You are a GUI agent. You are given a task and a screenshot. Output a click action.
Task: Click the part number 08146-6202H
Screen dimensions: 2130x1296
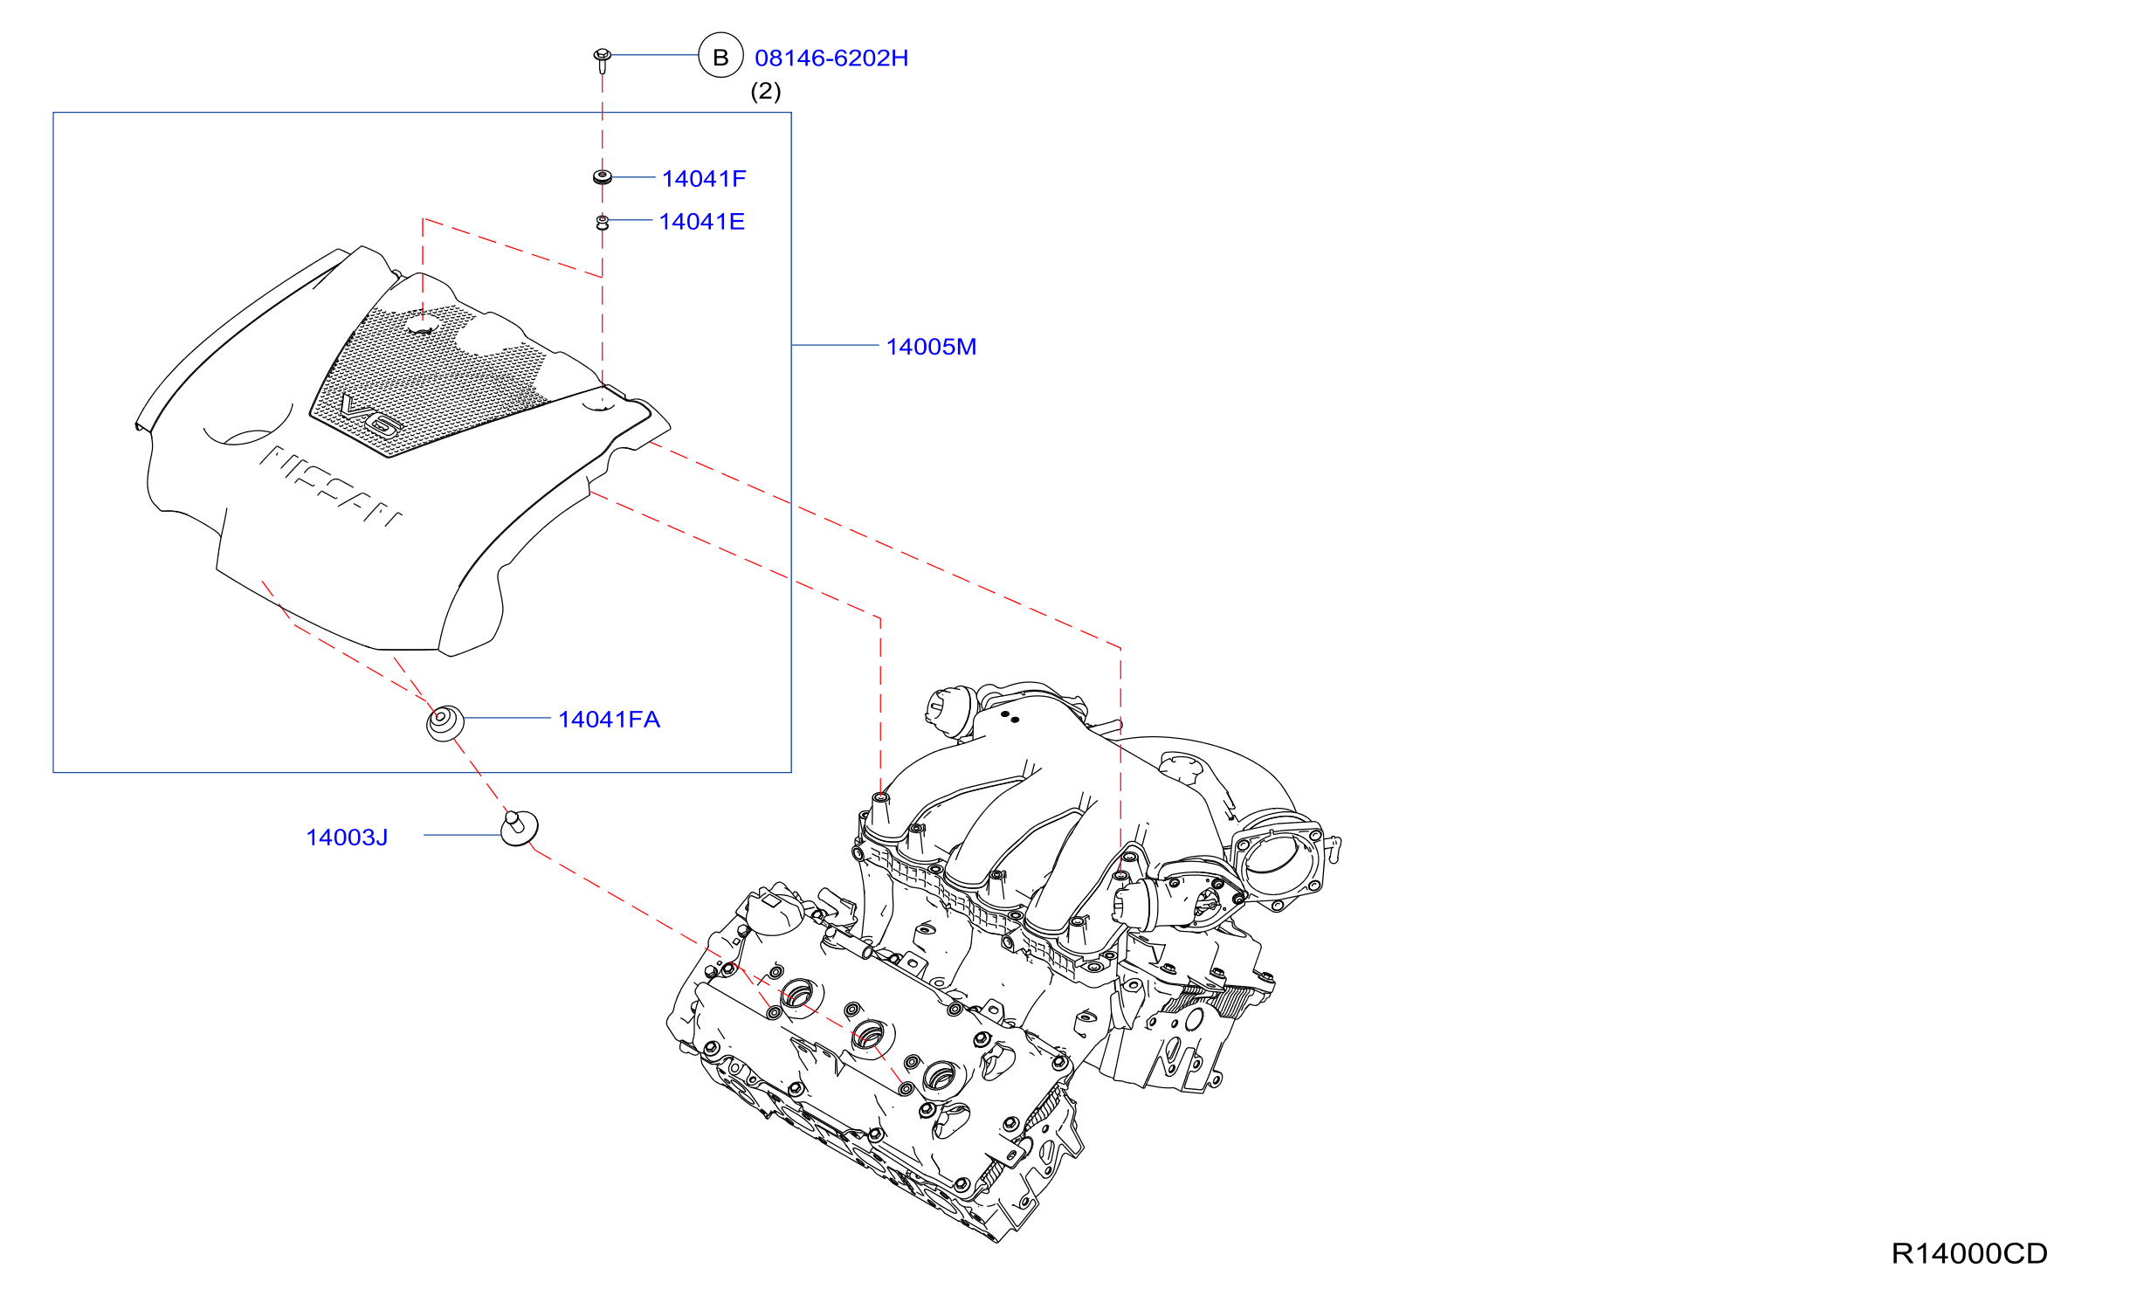pyautogui.click(x=831, y=58)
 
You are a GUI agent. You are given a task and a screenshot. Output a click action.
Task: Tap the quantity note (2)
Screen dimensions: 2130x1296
pyautogui.click(x=766, y=91)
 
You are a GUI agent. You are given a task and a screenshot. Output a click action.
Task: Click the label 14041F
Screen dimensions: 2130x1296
pyautogui.click(x=704, y=178)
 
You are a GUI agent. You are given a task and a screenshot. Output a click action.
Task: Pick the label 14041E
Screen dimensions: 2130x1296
pyautogui.click(x=702, y=221)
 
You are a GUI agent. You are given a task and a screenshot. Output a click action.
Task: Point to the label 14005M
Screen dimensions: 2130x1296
pyautogui.click(x=931, y=347)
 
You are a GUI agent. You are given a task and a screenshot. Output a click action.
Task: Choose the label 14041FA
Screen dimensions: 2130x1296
pyautogui.click(x=610, y=720)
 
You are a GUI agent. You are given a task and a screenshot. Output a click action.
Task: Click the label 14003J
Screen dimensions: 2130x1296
pyautogui.click(x=347, y=838)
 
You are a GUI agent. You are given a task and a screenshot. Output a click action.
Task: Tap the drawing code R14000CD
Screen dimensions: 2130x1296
pyautogui.click(x=1969, y=1253)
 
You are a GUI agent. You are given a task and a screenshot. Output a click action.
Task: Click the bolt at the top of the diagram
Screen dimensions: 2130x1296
pyautogui.click(x=602, y=59)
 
